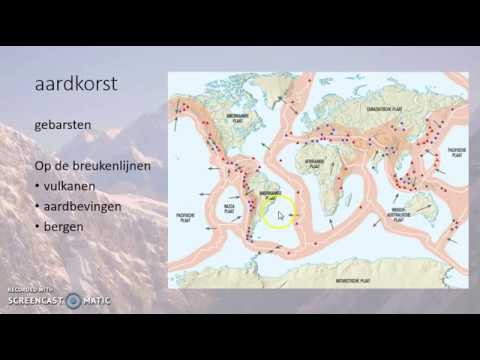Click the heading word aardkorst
click(76, 83)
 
